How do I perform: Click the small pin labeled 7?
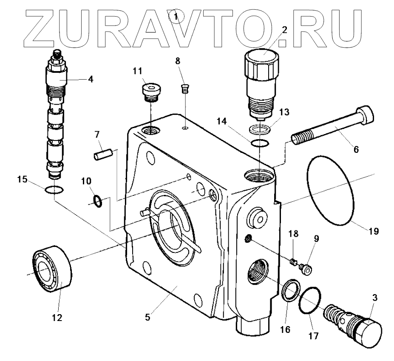tap(103, 154)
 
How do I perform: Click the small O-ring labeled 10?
tap(98, 200)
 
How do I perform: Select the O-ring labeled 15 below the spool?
tap(54, 189)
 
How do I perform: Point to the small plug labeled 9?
tap(306, 269)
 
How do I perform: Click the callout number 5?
tap(148, 317)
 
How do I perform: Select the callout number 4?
tap(90, 79)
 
